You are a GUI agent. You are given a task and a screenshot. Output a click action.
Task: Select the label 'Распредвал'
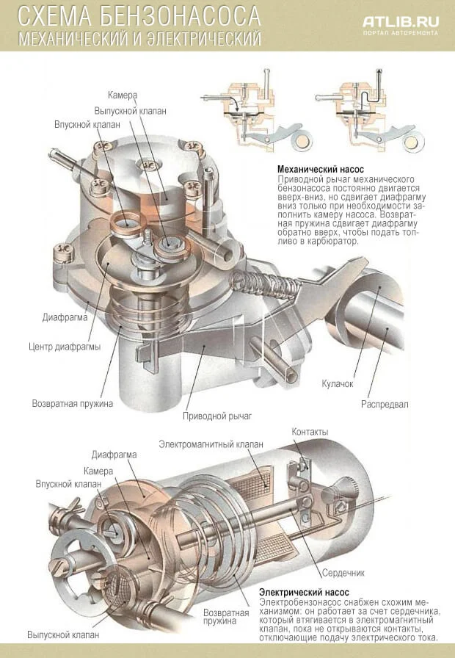385,404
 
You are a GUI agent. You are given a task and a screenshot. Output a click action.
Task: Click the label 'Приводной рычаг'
217,416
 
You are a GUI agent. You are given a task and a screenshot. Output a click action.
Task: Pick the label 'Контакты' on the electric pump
310,431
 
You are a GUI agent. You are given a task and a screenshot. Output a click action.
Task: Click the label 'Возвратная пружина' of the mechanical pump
72,403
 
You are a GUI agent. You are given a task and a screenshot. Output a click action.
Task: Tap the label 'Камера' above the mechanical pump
123,95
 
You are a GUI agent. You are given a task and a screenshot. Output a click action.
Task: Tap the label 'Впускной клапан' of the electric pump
68,484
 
